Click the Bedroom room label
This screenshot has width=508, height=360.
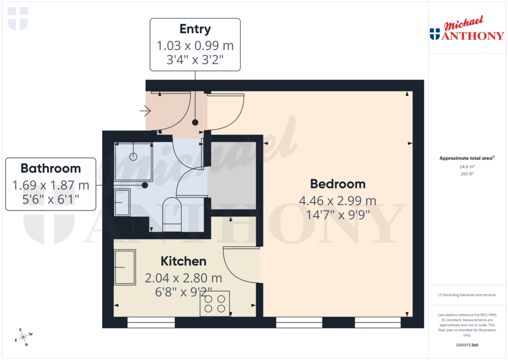coord(338,184)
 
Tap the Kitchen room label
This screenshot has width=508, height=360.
coord(183,261)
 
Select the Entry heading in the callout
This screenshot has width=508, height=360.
coord(195,29)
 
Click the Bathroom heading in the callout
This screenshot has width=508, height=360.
coord(51,168)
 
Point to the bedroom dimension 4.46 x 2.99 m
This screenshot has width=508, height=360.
coord(338,201)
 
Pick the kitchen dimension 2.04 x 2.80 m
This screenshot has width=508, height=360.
coord(183,278)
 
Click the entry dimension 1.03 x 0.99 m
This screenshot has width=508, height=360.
coord(195,46)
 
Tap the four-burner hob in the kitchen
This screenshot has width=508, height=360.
coord(215,303)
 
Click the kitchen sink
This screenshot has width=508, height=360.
coord(125,267)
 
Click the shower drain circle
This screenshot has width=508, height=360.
coord(133,156)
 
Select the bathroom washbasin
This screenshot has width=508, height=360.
coord(122,203)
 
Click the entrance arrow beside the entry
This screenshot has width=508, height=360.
coord(145,110)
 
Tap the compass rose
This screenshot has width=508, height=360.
coord(23,337)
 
